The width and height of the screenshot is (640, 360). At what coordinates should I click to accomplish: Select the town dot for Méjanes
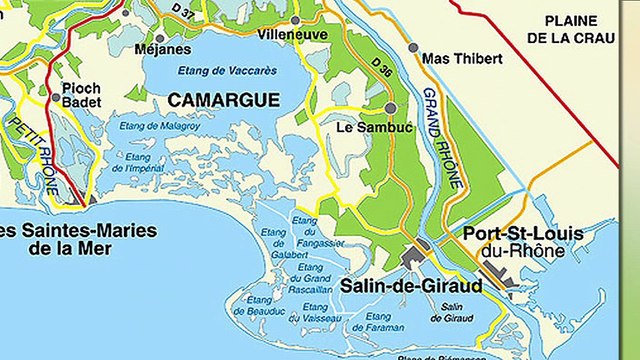pyautogui.click(x=160, y=37)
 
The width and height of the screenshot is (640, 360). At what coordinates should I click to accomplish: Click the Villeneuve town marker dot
pyautogui.click(x=295, y=19)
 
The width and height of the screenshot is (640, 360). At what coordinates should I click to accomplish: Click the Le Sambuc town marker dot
pyautogui.click(x=390, y=107)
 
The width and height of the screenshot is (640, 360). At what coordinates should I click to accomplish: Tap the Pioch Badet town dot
pyautogui.click(x=55, y=97)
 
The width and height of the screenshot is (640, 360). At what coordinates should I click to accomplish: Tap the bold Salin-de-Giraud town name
pyautogui.click(x=410, y=286)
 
